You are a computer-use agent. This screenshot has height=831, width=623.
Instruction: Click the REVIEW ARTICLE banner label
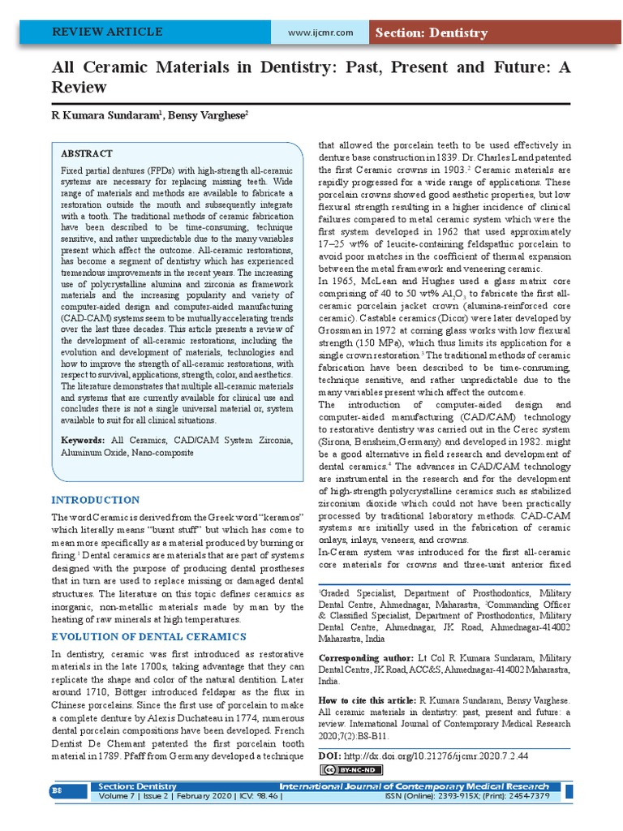tap(107, 32)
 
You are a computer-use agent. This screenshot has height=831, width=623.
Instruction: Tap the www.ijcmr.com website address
tap(320, 32)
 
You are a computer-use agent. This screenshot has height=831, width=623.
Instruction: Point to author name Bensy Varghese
tap(208, 116)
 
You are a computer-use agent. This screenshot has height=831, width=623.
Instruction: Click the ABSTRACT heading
tap(87, 153)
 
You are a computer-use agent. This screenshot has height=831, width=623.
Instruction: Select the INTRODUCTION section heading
tap(96, 500)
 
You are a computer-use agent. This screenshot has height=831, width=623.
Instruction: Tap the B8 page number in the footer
tap(58, 790)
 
